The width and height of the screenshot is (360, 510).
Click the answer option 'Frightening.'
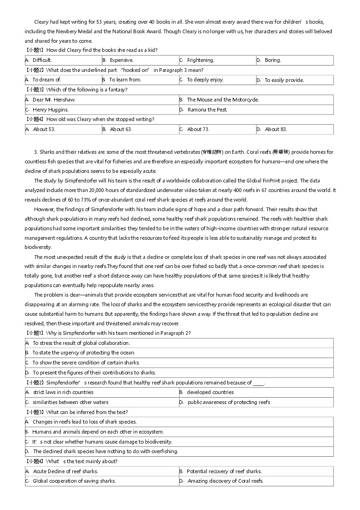[200, 60]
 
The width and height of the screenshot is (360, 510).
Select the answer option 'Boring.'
[273, 60]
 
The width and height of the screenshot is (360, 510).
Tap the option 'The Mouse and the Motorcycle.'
[223, 100]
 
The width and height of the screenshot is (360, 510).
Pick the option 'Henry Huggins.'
[50, 110]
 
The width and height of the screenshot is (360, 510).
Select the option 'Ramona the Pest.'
[207, 110]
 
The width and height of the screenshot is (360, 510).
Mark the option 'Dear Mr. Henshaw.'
[54, 100]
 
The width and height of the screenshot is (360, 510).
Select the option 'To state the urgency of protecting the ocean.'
[84, 353]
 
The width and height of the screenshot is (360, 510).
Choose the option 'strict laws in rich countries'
[63, 392]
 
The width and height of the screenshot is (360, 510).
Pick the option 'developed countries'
[210, 392]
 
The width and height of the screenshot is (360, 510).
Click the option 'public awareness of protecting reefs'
[229, 402]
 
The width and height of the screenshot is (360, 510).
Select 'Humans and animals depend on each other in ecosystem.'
[98, 432]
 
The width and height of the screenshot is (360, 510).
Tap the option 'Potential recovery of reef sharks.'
[224, 471]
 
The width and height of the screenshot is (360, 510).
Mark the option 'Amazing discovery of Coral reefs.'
[225, 481]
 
